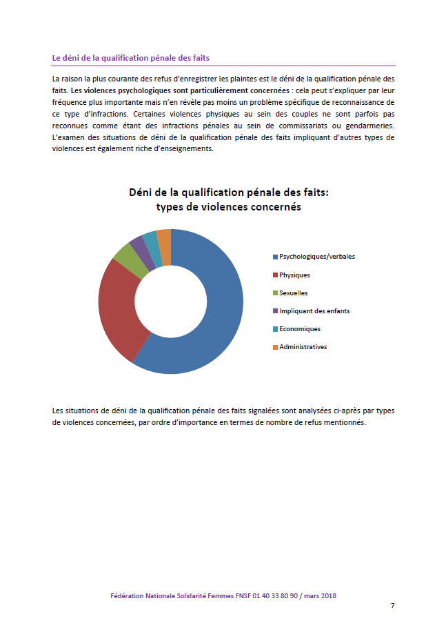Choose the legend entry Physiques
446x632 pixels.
coord(294,275)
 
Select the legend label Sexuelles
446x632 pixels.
coord(294,293)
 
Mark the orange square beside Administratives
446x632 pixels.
coord(275,347)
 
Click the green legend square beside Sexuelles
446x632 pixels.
coord(275,293)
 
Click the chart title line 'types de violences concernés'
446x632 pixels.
coord(228,207)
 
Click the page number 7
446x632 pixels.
coord(392,606)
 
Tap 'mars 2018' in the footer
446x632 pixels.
coord(320,595)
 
